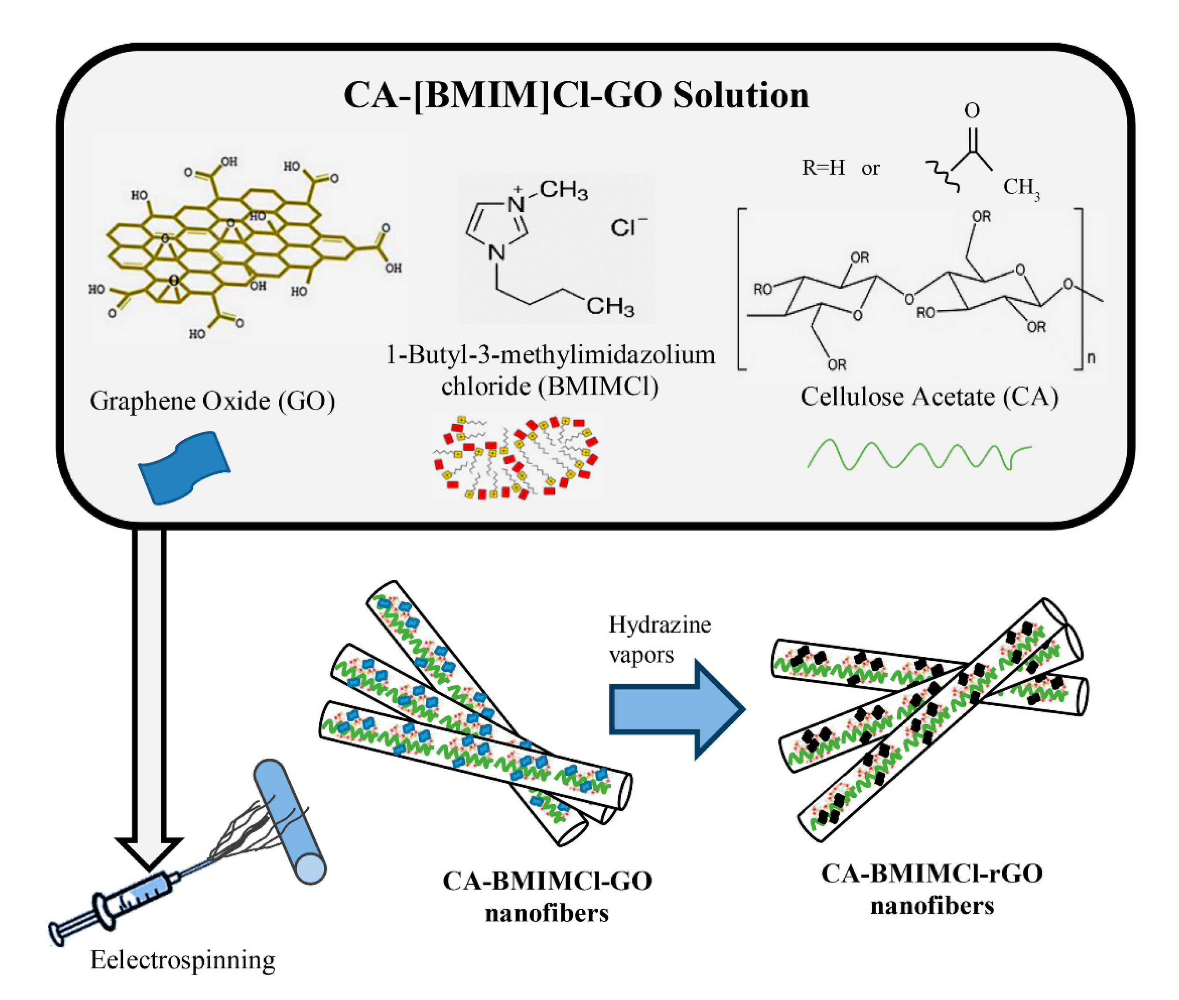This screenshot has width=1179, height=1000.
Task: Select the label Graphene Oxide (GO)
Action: (x=212, y=401)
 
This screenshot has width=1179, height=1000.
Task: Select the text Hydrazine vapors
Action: (x=659, y=639)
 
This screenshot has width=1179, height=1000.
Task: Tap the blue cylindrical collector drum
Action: (x=289, y=822)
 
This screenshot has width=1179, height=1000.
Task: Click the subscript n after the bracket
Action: (x=1091, y=358)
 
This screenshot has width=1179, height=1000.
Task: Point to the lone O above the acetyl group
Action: (x=972, y=110)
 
